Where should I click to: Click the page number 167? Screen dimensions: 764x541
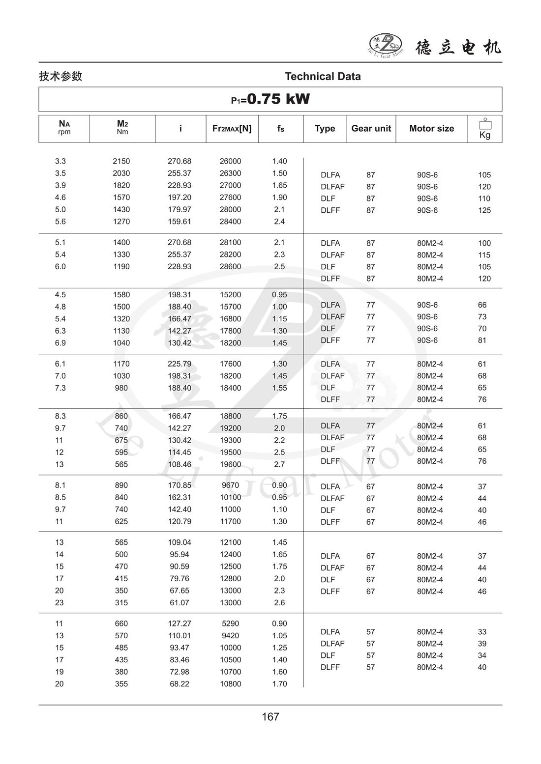pyautogui.click(x=270, y=717)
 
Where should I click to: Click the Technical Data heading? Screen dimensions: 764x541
pyautogui.click(x=323, y=76)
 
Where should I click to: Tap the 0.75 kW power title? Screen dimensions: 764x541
pyautogui.click(x=270, y=99)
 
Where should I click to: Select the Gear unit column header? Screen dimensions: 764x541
pyautogui.click(x=371, y=128)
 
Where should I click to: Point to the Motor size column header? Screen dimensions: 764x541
pyautogui.click(x=431, y=128)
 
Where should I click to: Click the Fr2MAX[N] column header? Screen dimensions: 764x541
pyautogui.click(x=232, y=128)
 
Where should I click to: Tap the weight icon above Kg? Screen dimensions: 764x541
pyautogui.click(x=485, y=124)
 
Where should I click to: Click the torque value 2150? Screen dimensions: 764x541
pyautogui.click(x=121, y=161)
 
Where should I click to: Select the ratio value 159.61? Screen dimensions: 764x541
pyautogui.click(x=180, y=222)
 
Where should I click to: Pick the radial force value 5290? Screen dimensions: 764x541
pyautogui.click(x=230, y=623)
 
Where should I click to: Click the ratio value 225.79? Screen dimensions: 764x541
pyautogui.click(x=180, y=364)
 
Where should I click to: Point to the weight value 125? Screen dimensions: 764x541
pyautogui.click(x=484, y=210)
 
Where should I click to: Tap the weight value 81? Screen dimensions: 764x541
pyautogui.click(x=482, y=340)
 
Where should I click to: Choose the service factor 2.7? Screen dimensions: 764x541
pyautogui.click(x=279, y=464)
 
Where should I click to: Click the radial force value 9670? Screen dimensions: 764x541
pyautogui.click(x=230, y=485)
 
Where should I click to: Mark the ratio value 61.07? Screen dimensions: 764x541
pyautogui.click(x=180, y=603)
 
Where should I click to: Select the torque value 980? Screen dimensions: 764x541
pyautogui.click(x=121, y=388)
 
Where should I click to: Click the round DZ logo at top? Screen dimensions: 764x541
pyautogui.click(x=385, y=45)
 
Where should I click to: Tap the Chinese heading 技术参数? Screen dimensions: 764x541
pyautogui.click(x=60, y=76)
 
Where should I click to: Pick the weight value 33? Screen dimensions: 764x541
pyautogui.click(x=482, y=632)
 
